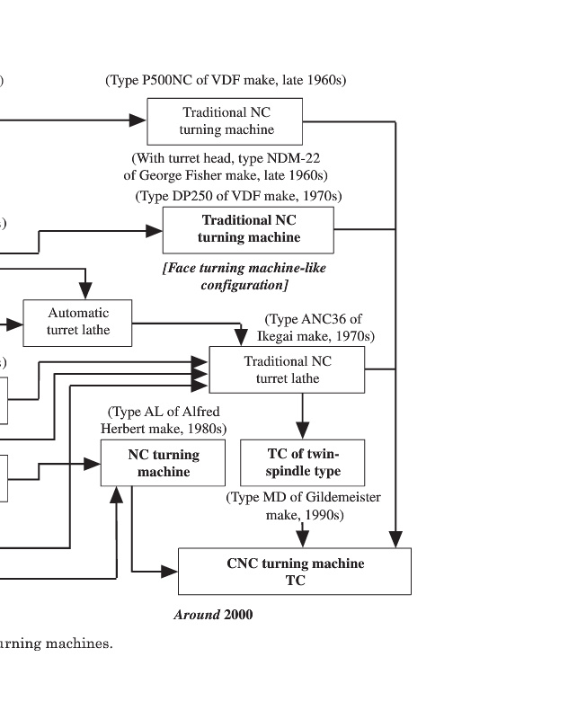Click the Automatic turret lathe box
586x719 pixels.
tap(78, 323)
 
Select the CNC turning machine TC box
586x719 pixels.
tap(295, 572)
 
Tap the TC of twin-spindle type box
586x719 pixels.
tap(303, 463)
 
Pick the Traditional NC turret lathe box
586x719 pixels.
tap(287, 369)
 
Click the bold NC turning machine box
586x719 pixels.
tap(164, 463)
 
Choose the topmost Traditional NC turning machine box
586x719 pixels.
tap(226, 121)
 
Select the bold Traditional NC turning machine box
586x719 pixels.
tap(248, 229)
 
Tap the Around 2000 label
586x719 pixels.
tap(213, 615)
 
